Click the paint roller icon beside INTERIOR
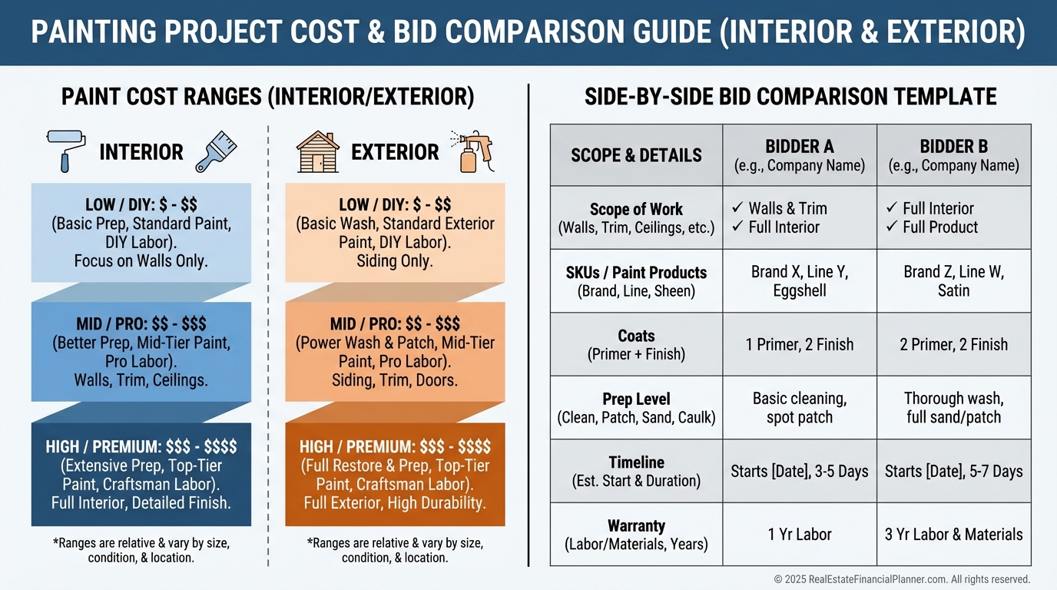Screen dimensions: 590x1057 pos(61,151)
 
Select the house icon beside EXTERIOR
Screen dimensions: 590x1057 pos(317,151)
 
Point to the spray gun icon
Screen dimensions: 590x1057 pos(472,151)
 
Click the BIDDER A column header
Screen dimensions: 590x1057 pos(800,155)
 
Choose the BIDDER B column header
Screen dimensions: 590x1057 pos(953,155)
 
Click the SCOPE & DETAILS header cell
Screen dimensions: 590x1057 pos(636,155)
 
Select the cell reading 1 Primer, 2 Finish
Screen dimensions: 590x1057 pos(800,344)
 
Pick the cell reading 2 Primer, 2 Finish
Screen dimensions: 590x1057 pos(953,344)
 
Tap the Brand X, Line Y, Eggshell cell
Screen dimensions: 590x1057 pos(800,281)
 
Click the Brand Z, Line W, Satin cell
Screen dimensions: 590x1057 pos(953,281)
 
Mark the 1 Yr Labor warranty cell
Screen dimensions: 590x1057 pos(800,535)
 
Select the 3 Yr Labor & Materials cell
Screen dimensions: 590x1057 pos(953,535)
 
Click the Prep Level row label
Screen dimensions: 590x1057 pos(636,408)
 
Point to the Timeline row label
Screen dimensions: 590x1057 pos(636,471)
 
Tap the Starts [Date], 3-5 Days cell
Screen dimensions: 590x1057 pos(800,471)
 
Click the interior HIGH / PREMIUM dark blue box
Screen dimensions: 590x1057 pos(141,475)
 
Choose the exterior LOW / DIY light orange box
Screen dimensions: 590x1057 pos(395,233)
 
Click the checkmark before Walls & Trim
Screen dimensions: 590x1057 pos(737,208)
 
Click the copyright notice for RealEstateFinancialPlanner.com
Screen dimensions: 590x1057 pos(902,579)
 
